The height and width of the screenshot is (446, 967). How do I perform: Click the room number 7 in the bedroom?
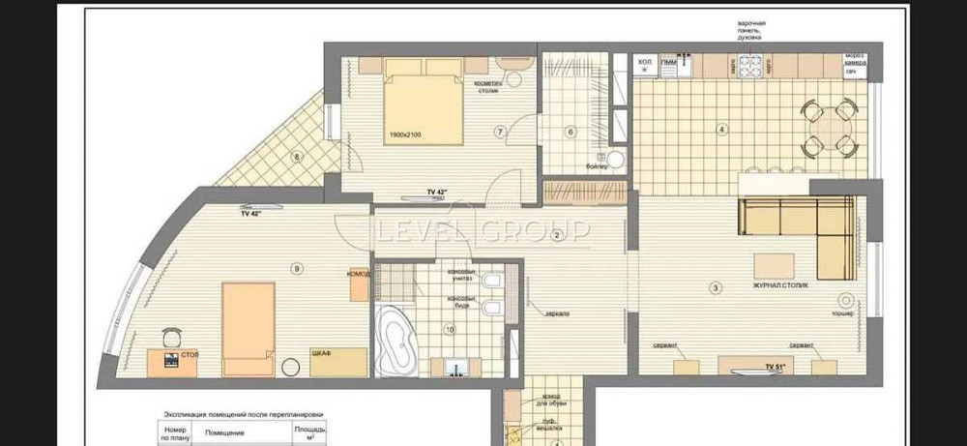pyautogui.click(x=500, y=132)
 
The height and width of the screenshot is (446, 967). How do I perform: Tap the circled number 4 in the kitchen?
pyautogui.click(x=720, y=129)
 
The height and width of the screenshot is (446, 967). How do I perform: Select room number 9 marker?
pyautogui.click(x=297, y=268)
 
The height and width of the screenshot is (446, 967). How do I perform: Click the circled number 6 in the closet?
pyautogui.click(x=571, y=132)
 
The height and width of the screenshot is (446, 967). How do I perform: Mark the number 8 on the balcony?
pyautogui.click(x=297, y=156)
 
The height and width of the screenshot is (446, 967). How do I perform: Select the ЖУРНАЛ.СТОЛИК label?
pyautogui.click(x=774, y=285)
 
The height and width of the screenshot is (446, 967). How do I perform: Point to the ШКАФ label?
pyautogui.click(x=322, y=354)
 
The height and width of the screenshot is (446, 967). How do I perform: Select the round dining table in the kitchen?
pyautogui.click(x=831, y=126)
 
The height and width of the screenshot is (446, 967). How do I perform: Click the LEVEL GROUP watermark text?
pyautogui.click(x=483, y=230)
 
